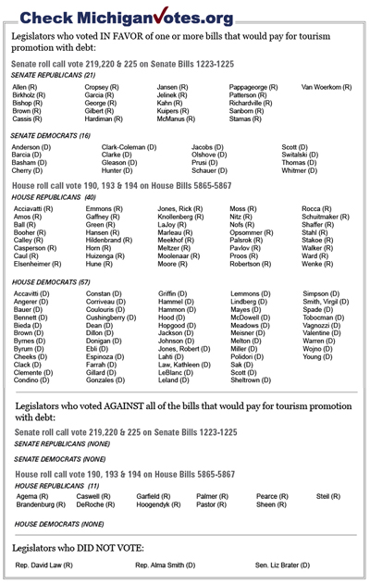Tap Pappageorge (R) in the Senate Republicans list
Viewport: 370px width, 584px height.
[257, 85]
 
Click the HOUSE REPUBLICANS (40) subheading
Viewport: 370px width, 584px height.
[55, 197]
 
